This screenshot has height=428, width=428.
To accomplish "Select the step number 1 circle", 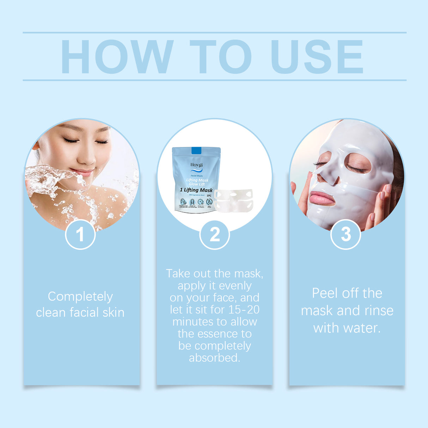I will click(80, 234).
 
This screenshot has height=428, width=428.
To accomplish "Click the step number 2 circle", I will click(214, 234).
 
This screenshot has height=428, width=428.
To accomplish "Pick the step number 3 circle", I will click(346, 234).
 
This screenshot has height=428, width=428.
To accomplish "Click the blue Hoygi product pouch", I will click(196, 180).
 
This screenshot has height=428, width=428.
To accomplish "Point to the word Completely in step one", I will click(80, 296).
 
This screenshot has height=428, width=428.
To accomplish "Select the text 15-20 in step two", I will click(244, 310).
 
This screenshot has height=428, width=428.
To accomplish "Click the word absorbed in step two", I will click(214, 357).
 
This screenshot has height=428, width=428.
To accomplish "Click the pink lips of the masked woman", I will click(321, 198).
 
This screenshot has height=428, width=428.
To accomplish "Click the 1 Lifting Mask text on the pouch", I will click(196, 190).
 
